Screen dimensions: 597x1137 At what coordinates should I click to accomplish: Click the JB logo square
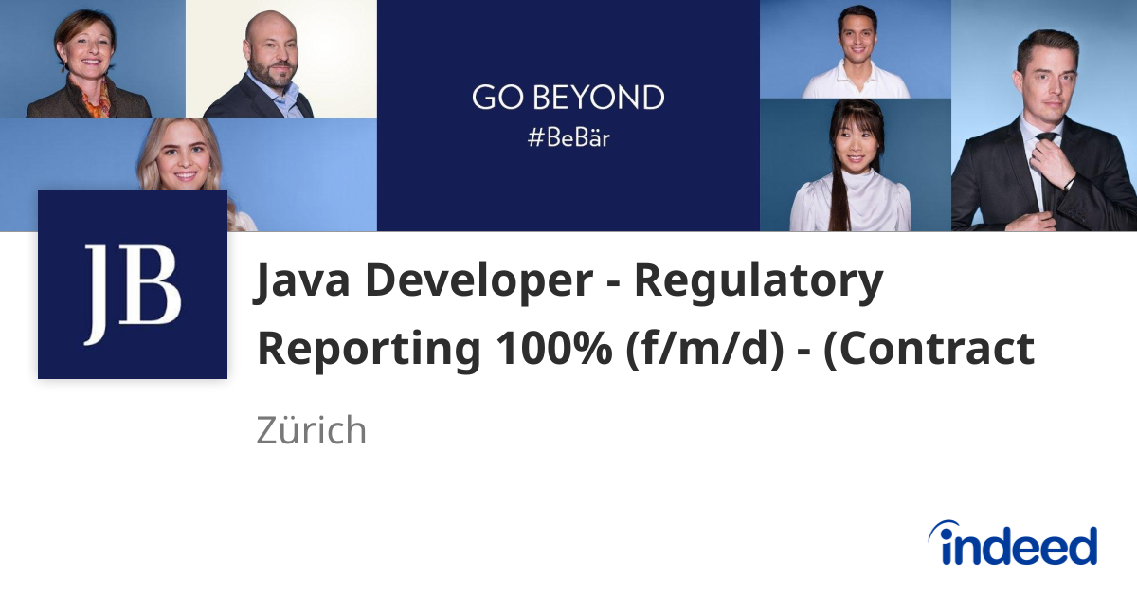(133, 284)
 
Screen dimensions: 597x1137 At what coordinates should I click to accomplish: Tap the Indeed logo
(1013, 545)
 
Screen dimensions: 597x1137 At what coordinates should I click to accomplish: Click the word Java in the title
(298, 282)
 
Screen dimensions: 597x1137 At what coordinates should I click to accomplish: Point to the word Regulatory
(759, 282)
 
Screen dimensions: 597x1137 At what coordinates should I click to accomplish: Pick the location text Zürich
(311, 431)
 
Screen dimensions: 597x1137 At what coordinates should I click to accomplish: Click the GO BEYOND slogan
(568, 99)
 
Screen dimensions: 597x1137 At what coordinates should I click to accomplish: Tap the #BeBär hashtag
(568, 137)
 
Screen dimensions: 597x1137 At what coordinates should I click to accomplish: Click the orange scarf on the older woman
(96, 102)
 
